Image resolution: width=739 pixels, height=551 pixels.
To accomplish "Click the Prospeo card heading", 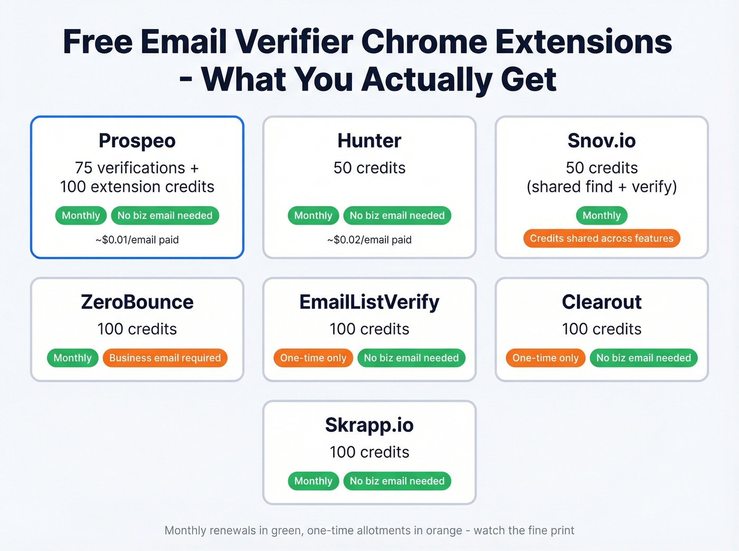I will [x=137, y=141].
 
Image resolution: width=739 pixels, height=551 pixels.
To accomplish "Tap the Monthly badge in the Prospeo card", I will [x=81, y=215].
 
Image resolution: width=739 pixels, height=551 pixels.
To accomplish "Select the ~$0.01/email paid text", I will [x=137, y=240].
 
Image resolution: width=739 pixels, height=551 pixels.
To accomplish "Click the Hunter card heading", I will [x=369, y=141].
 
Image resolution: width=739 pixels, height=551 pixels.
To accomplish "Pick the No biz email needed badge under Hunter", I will [x=397, y=215].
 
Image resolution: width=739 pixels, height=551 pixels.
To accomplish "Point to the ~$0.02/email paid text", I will [x=369, y=240].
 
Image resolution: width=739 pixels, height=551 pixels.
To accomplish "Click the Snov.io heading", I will [x=601, y=141].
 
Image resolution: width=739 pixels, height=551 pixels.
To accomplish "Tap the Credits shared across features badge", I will [x=601, y=238].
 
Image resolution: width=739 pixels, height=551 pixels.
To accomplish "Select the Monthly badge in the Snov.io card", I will [x=601, y=215].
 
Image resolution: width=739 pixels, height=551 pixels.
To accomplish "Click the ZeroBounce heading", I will [x=137, y=302].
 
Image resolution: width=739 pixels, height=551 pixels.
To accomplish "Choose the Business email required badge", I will [x=165, y=358].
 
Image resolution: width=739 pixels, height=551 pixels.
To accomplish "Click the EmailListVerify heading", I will [x=369, y=302].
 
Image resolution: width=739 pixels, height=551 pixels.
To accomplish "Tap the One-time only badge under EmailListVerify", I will [x=313, y=358].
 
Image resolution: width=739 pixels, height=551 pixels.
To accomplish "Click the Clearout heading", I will [x=601, y=302].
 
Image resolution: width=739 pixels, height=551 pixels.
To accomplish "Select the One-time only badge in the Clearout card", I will [x=545, y=358].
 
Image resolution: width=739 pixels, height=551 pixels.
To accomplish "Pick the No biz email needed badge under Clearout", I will [x=643, y=358].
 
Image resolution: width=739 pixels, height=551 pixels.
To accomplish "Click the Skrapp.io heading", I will [x=369, y=425].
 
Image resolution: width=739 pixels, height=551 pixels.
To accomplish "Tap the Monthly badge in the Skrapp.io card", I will [x=313, y=481].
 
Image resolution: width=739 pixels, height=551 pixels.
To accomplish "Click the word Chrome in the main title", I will [x=424, y=42].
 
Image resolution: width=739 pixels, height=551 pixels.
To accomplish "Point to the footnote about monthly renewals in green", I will [x=369, y=530].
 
